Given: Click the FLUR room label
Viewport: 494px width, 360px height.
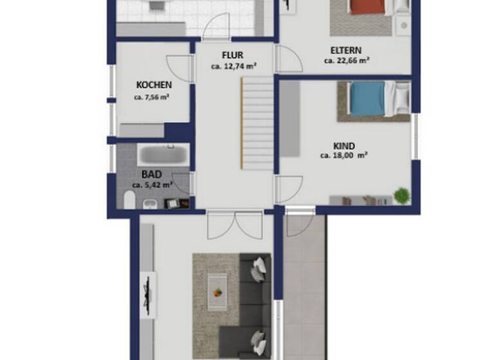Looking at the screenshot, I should [x=233, y=55].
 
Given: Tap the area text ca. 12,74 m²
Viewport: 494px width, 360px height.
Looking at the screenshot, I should [x=233, y=66].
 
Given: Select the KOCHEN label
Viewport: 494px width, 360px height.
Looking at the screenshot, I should [x=154, y=85].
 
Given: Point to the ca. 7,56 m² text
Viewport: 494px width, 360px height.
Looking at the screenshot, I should [x=152, y=98].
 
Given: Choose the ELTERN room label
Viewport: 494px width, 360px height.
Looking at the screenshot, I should [x=346, y=51].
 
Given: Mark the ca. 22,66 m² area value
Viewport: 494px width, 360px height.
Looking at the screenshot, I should [x=346, y=62].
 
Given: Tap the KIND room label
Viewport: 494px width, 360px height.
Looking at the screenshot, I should [x=345, y=146].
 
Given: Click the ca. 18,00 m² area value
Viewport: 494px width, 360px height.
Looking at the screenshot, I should [x=344, y=156].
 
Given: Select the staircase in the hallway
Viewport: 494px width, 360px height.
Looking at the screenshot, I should [x=257, y=122].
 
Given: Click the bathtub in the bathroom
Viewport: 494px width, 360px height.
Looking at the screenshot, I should [x=163, y=155].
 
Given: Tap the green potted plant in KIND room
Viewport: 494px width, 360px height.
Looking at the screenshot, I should [x=402, y=194].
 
